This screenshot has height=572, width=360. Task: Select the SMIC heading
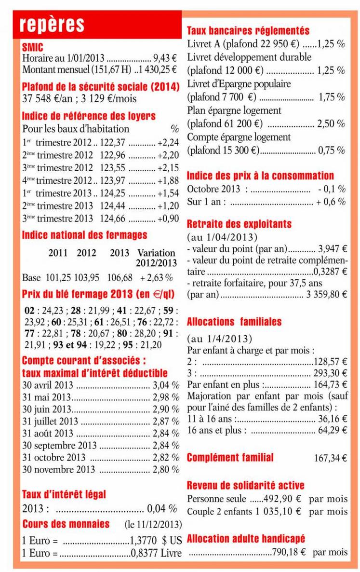pyautogui.click(x=32, y=47)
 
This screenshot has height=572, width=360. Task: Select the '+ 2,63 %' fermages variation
pyautogui.click(x=156, y=278)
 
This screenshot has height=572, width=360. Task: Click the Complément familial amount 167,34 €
pyautogui.click(x=330, y=458)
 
